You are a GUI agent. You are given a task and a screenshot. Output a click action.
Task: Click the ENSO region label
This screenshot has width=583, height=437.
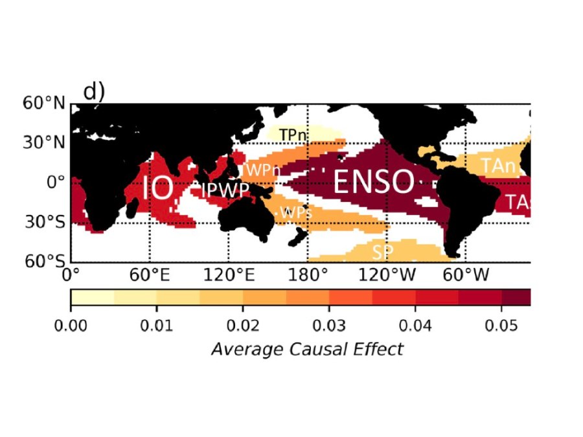coord(373,182)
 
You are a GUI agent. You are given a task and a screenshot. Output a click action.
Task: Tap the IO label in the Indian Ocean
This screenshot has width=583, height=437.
coord(158,189)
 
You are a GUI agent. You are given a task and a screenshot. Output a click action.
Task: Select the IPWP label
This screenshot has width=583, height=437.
coord(225,190)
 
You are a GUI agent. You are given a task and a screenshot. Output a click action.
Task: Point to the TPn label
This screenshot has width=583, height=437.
coord(293,134)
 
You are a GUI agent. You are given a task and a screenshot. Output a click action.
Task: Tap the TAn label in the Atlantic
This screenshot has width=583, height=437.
coord(497,166)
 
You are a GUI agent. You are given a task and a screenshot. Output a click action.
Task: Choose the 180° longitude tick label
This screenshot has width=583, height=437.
coord(308,275)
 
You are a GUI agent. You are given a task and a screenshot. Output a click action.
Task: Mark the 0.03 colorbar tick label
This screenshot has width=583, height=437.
coord(329,322)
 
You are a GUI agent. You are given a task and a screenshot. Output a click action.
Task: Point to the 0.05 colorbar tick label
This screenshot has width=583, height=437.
coord(502,322)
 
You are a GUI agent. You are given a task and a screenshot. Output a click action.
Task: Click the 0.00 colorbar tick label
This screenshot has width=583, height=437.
coord(71,322)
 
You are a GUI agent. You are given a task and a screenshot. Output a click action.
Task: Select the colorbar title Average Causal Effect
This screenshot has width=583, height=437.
coord(306,350)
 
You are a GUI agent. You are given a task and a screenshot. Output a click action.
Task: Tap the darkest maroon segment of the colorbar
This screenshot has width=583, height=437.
coord(516,297)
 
